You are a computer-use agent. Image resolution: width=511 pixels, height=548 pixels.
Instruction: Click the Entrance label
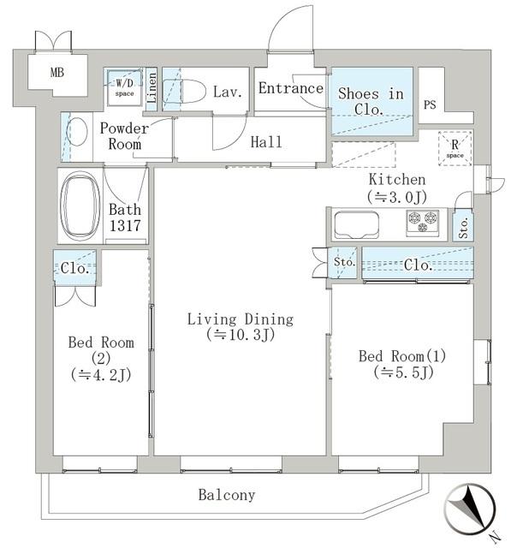click(291, 89)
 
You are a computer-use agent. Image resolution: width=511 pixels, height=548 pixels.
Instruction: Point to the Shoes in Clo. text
click(371, 101)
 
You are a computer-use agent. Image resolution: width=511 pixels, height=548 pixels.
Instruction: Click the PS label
click(431, 105)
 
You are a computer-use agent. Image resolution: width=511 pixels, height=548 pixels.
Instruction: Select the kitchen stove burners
click(422, 223)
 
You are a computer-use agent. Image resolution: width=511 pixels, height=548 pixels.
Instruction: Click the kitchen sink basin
click(355, 227)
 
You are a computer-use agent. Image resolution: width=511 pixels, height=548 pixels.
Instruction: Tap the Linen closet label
click(152, 89)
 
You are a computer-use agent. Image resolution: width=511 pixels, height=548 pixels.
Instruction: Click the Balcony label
click(227, 495)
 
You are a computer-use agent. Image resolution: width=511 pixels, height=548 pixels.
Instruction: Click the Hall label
click(266, 142)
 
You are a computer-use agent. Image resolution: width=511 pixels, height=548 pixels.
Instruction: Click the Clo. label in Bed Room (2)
click(75, 267)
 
